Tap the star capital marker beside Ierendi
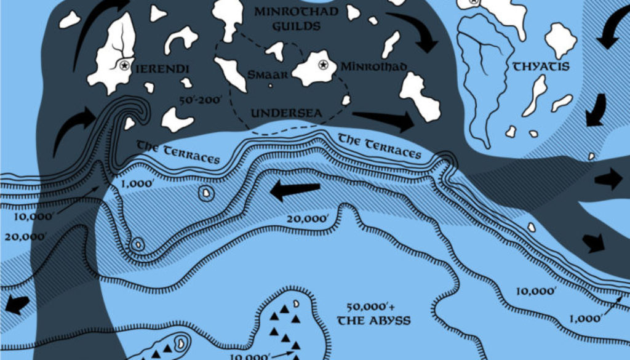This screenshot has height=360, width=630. click(124, 65)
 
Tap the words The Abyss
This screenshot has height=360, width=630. click(373, 321)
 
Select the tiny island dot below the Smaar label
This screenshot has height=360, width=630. click(270, 86)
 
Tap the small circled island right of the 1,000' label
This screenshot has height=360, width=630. click(205, 194)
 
